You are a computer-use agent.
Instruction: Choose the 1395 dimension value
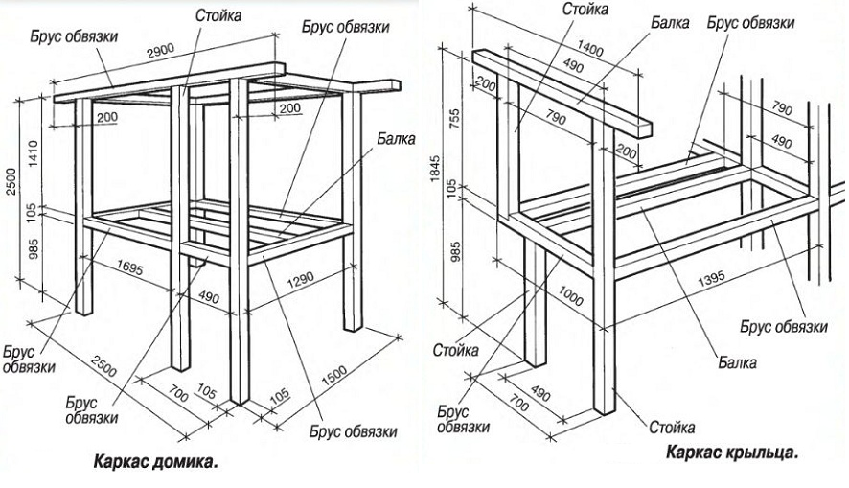[x=710, y=280]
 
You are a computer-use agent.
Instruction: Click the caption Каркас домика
[x=155, y=463]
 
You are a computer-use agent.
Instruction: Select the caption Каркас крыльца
[x=732, y=451]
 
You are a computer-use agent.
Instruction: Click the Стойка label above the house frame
[x=218, y=16]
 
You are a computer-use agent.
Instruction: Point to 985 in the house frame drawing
[x=34, y=249]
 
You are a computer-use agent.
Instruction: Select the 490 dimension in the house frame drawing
[x=207, y=296]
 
